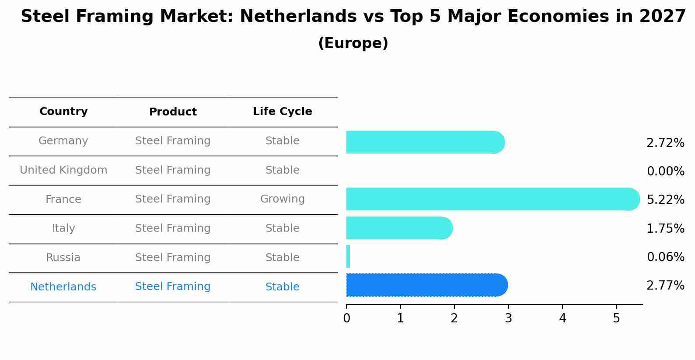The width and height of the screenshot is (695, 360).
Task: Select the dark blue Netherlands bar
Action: [426, 285]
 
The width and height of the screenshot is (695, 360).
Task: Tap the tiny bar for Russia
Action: [348, 256]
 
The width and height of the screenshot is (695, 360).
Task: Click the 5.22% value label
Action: [665, 200]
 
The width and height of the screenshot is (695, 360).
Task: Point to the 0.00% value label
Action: [665, 171]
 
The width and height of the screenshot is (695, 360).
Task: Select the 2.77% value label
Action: [665, 286]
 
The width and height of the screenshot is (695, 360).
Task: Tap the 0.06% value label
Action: [665, 257]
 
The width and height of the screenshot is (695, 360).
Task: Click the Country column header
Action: [63, 112]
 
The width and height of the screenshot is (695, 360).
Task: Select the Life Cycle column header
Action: [282, 112]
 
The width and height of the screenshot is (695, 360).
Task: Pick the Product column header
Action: [173, 112]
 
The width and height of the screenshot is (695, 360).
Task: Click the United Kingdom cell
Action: [63, 170]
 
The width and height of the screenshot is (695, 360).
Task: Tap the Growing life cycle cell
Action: [282, 199]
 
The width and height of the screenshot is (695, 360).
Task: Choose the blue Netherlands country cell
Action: [63, 287]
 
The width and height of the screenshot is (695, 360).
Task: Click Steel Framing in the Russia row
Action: [173, 258]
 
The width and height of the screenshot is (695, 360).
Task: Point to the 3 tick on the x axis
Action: [508, 318]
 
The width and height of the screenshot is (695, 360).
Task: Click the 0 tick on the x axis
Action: [346, 318]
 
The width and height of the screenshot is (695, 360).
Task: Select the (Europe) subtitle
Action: [353, 43]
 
